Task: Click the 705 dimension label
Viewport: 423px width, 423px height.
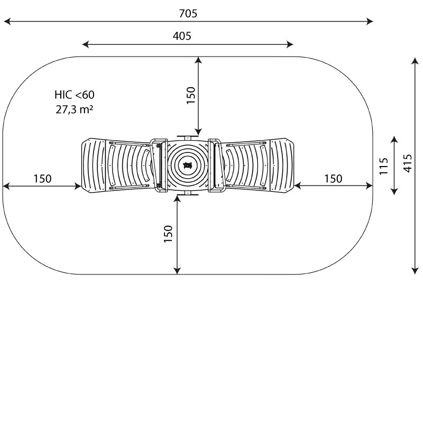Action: coord(188,14)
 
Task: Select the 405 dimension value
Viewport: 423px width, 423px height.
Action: coord(182,36)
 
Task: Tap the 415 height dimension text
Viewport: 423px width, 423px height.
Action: coord(407,163)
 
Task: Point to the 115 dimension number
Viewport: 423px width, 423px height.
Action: coord(383,166)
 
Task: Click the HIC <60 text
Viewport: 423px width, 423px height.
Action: coord(75,95)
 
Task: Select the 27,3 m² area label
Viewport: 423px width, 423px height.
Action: coord(75,109)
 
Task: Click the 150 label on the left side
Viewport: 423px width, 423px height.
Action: coord(42,179)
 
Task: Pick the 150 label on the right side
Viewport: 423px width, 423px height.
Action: coord(333,179)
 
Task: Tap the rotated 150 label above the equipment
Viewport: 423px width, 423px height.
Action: coord(190,95)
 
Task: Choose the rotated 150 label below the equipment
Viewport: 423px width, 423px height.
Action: coord(168,234)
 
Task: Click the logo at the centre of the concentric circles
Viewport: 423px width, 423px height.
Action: coord(187,165)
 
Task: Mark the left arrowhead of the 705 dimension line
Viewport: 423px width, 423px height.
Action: coord(7,21)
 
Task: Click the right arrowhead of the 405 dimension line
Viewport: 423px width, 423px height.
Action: coord(290,44)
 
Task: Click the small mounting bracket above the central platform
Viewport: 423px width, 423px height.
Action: coord(187,137)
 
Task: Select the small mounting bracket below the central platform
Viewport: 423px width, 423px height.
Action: coord(187,194)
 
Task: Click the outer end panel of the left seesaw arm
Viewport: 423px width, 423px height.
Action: coord(94,165)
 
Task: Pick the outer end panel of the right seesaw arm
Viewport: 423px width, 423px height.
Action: coord(282,165)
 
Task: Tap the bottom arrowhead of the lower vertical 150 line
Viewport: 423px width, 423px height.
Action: coord(177,271)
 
